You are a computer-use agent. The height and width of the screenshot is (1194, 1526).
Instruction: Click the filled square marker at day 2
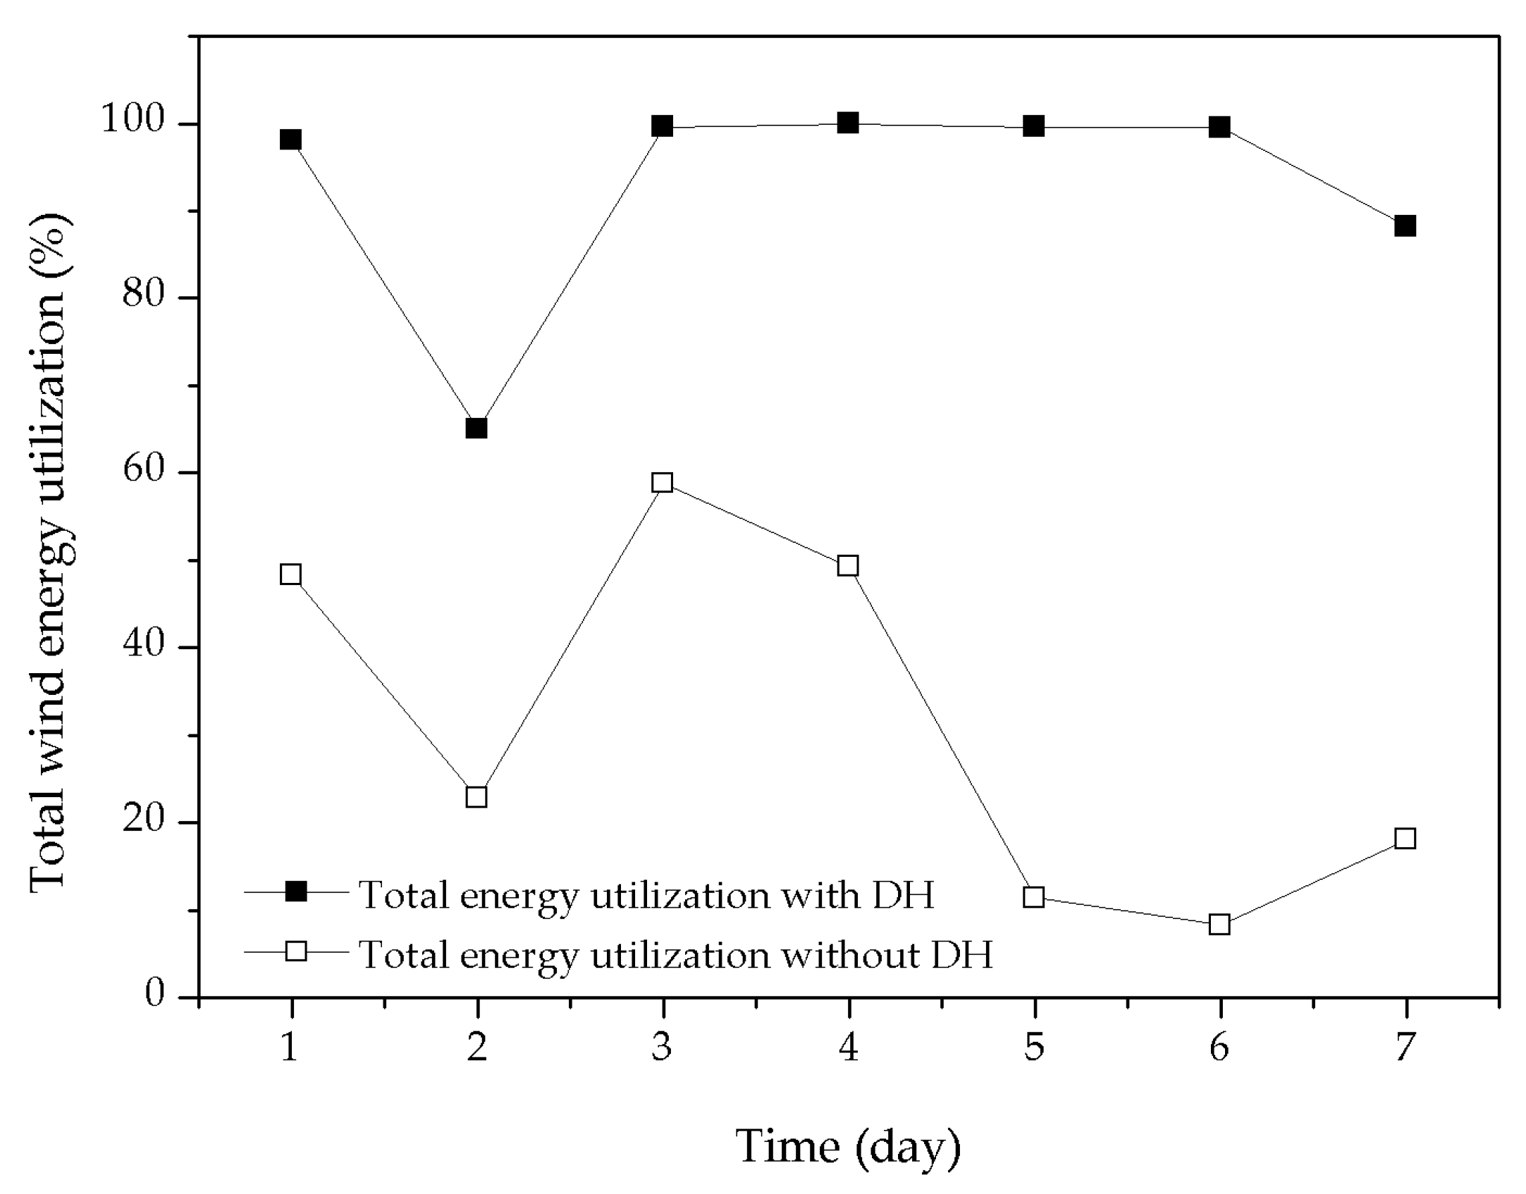[x=476, y=428]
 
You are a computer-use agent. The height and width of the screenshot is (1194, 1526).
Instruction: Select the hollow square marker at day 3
[x=662, y=483]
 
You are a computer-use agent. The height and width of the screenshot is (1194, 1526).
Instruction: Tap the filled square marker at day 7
[x=1405, y=226]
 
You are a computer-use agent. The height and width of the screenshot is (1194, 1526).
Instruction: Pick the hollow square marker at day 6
[x=1219, y=924]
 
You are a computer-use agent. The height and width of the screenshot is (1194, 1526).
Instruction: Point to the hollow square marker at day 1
[x=290, y=574]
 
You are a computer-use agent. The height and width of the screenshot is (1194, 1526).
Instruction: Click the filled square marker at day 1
[x=290, y=140]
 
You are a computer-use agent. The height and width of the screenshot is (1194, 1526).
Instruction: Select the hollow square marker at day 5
[x=1033, y=897]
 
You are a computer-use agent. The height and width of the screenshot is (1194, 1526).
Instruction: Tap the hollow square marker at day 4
[x=848, y=566]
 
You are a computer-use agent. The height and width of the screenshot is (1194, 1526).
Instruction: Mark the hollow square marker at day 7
[x=1405, y=839]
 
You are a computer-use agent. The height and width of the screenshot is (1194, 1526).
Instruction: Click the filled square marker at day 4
[x=848, y=123]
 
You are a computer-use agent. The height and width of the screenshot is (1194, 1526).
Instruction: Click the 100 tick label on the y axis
[x=143, y=121]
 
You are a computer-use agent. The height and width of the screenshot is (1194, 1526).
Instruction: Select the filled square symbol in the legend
[x=296, y=892]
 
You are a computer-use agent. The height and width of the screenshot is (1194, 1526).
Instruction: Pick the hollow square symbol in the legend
[x=296, y=951]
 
